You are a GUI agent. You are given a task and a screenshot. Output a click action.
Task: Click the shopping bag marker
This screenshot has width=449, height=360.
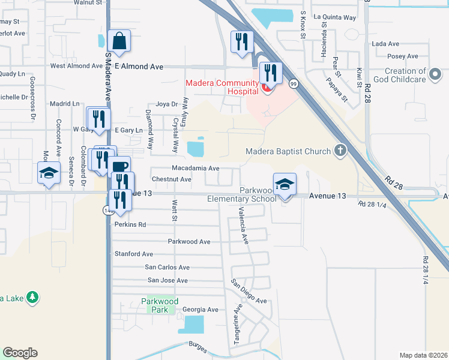(119, 41)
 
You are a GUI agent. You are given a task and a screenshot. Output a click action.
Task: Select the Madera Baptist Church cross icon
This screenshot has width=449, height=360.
(340, 151)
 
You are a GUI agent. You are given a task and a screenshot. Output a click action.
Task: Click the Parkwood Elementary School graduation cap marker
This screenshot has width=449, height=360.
(285, 184)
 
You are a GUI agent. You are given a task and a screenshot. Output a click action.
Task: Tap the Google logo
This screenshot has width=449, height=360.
(20, 353)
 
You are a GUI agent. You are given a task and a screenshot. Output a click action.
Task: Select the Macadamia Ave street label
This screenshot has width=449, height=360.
(195, 169)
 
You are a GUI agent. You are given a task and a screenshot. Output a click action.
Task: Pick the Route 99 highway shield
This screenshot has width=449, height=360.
(294, 83)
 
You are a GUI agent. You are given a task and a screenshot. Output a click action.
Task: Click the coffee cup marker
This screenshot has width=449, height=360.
(121, 166)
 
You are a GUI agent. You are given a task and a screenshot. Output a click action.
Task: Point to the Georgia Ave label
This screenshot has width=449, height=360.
(200, 310)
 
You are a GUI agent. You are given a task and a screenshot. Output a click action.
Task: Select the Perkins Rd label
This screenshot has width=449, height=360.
(130, 225)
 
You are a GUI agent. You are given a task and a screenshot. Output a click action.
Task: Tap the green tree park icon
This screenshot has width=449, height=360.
(33, 297)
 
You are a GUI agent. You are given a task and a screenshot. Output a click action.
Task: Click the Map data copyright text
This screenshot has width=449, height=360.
(423, 355)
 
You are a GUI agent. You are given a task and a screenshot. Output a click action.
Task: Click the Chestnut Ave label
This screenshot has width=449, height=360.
(172, 179)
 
